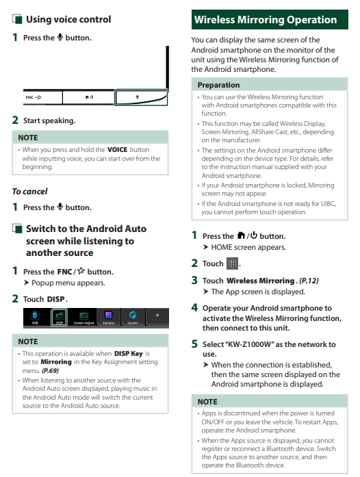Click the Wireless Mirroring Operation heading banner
pos(270,19)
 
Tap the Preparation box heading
pos(218,85)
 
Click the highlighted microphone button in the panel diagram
pos(141,97)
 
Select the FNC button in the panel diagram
pos(42,97)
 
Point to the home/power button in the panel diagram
pos(88,97)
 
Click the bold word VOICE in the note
pos(118,150)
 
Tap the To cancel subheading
pos(30,192)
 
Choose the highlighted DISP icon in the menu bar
pos(60,318)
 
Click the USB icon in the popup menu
pos(35,318)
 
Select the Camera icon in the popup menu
pos(108,318)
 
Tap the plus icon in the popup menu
pos(157,315)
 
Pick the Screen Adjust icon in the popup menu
pos(83,318)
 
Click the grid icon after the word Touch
pos(233,263)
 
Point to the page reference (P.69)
pos(50,370)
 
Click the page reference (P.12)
pos(309,281)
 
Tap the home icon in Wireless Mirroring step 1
pos(241,235)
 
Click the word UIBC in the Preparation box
pos(328,203)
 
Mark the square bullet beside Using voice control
pos(17,19)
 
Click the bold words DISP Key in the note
pos(129,354)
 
